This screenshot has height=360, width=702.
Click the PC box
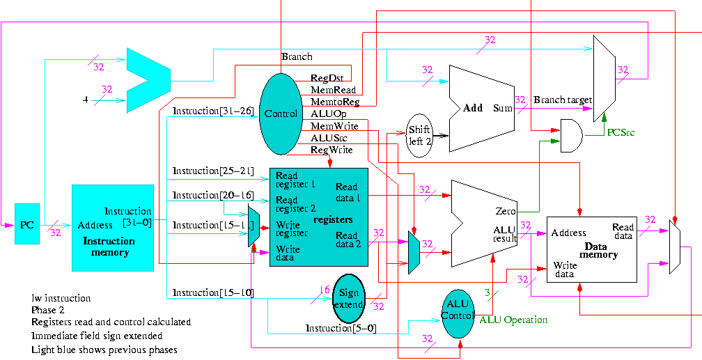pos(27,224)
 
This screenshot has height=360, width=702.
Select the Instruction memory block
pos(112,228)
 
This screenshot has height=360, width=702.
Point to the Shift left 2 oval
pos(419,135)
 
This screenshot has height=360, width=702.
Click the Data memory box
pos(591,248)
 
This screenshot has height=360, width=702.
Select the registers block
pos(318,217)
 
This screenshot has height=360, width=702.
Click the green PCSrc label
pos(621,132)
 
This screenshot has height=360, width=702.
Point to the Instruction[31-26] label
pos(212,111)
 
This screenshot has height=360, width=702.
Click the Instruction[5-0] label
pos(341,328)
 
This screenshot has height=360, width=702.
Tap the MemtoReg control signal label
pos(334,102)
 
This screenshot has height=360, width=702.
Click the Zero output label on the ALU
pos(505,210)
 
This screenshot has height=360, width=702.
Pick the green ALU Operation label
pos(513,320)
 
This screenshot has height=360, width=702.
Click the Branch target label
pos(562,100)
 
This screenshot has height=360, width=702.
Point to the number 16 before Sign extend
pos(324,290)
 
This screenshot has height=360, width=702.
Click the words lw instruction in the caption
pos(61,298)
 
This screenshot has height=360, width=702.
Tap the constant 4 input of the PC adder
pos(85,100)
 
